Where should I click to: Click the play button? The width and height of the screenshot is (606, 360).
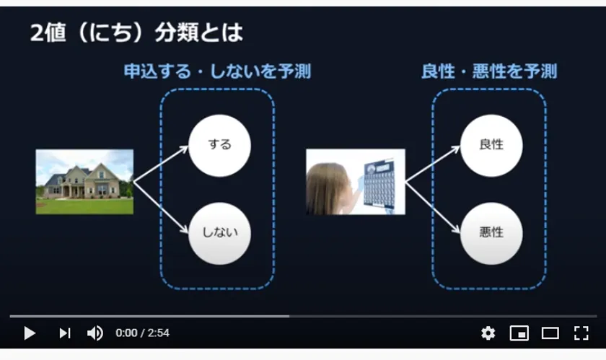30,333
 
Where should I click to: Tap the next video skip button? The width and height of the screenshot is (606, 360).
65,333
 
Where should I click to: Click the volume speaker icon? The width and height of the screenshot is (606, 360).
95,333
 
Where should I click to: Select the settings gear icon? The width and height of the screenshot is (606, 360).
488,333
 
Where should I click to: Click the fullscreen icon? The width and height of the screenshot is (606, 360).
581,333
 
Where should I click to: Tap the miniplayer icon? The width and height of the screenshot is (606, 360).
519,333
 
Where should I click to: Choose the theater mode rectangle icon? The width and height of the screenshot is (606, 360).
550,333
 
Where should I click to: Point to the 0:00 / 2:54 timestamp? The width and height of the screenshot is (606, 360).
142,333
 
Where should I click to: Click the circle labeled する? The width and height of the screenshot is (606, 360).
219,146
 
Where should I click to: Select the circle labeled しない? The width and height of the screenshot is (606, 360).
219,234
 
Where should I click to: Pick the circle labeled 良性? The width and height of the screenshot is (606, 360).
491,146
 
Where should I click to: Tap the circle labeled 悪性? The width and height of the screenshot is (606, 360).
491,234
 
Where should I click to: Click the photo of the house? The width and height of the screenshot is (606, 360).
84,182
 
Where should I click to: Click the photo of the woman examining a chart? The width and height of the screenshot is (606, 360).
356,182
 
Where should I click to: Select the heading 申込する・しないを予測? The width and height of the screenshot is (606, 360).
217,71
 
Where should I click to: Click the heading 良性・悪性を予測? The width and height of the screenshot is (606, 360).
489,71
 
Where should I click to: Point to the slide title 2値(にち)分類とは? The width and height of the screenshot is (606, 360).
136,32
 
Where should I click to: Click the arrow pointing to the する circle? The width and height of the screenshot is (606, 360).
161,164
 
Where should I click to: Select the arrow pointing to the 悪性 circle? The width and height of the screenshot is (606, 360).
433,208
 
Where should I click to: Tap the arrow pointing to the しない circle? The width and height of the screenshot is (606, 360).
161,208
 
